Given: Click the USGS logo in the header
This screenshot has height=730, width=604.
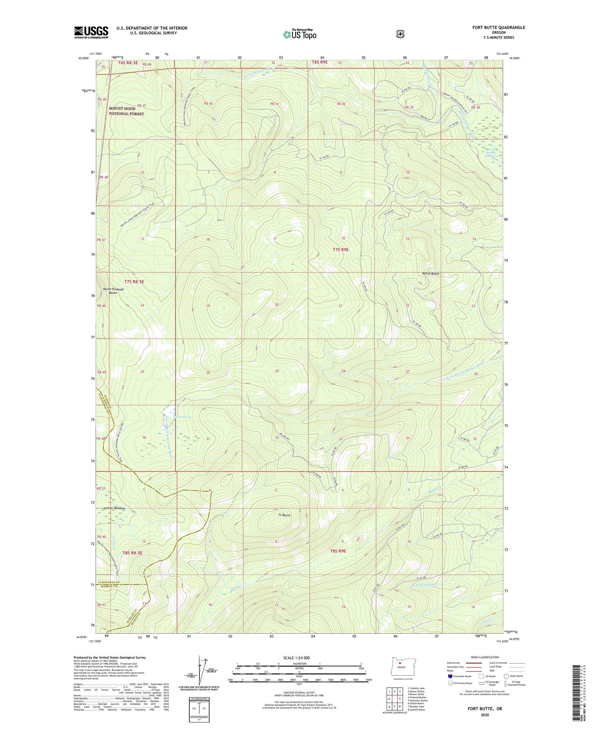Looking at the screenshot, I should pos(91,32).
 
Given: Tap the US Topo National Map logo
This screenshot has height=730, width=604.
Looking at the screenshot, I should pos(300,34).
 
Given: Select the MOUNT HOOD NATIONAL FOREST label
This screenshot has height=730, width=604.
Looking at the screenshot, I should pos(126,111).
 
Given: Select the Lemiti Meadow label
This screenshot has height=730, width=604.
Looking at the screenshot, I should pos(114,508).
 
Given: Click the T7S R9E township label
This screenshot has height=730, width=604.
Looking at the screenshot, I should pos(341,250).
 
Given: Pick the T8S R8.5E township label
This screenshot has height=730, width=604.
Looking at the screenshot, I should pos(132,553).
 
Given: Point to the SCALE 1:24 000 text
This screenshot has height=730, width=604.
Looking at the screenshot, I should pos(296,658).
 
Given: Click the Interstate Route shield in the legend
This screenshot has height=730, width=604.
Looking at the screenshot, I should pos(450,676).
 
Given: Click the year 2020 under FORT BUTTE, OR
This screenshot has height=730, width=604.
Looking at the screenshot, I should pos(484,715).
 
